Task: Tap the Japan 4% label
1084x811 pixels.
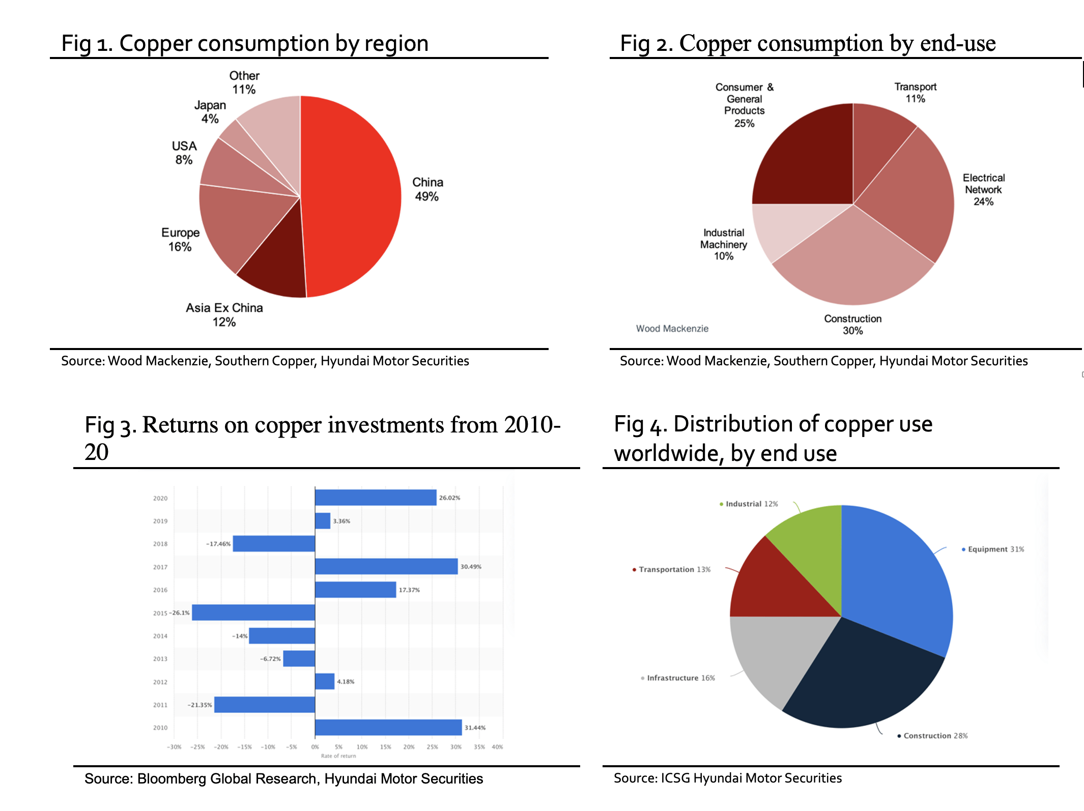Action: pos(210,112)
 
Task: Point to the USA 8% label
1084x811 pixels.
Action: pos(184,153)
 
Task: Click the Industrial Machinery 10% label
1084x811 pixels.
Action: pos(723,244)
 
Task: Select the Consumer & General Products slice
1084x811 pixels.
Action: pos(809,158)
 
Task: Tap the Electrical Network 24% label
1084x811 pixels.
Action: pos(983,189)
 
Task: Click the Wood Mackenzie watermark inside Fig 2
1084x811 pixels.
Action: pos(672,329)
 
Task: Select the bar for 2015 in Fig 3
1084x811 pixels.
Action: pos(253,613)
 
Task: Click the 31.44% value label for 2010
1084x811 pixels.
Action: pos(475,728)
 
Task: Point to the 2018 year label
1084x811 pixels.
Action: pos(160,544)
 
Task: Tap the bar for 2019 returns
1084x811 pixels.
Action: pos(323,521)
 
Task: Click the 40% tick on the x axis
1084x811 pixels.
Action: pos(497,747)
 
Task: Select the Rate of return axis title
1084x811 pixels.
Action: pos(338,756)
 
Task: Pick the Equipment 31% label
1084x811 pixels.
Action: pos(995,549)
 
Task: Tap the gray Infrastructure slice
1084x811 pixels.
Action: pos(774,656)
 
